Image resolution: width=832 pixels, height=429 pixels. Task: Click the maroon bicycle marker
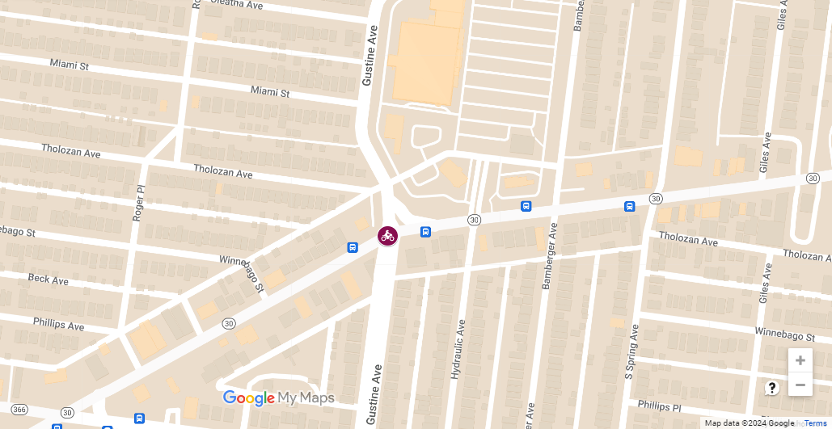pos(387,236)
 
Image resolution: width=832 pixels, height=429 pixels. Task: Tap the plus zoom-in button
pos(800,360)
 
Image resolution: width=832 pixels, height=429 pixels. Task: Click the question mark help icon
pos(771,388)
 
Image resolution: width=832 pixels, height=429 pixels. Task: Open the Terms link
pos(815,423)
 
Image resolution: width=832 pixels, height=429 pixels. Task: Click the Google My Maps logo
pos(278,397)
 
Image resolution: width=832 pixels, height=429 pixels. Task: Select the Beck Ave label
pos(49,280)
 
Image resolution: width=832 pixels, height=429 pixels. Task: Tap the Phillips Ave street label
pos(58,324)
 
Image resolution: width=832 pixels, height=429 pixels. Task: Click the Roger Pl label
pos(140,202)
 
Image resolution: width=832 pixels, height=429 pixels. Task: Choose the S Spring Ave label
pos(631,352)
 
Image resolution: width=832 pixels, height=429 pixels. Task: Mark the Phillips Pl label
pos(660,405)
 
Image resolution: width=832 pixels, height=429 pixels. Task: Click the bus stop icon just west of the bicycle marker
pos(353,247)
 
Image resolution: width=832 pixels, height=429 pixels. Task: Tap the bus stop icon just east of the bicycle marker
pos(425,232)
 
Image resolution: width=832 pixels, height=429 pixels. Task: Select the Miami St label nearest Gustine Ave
pos(270,93)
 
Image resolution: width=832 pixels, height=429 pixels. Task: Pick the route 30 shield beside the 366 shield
pos(67,413)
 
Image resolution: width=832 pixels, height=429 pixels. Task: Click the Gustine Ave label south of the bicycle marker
pos(374,395)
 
